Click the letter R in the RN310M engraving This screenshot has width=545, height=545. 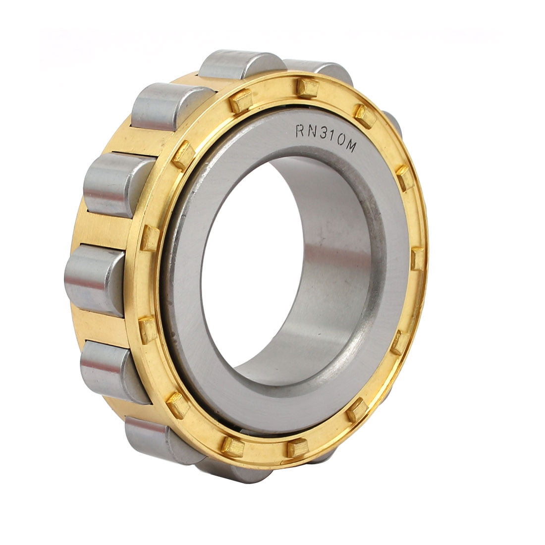click(x=300, y=131)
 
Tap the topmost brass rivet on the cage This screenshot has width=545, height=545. click(x=308, y=88)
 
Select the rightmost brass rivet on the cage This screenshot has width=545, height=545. click(x=418, y=258)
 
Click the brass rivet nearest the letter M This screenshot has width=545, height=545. click(x=365, y=116)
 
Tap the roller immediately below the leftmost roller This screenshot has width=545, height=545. click(x=112, y=369)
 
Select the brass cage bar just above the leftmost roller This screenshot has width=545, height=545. click(x=102, y=230)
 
